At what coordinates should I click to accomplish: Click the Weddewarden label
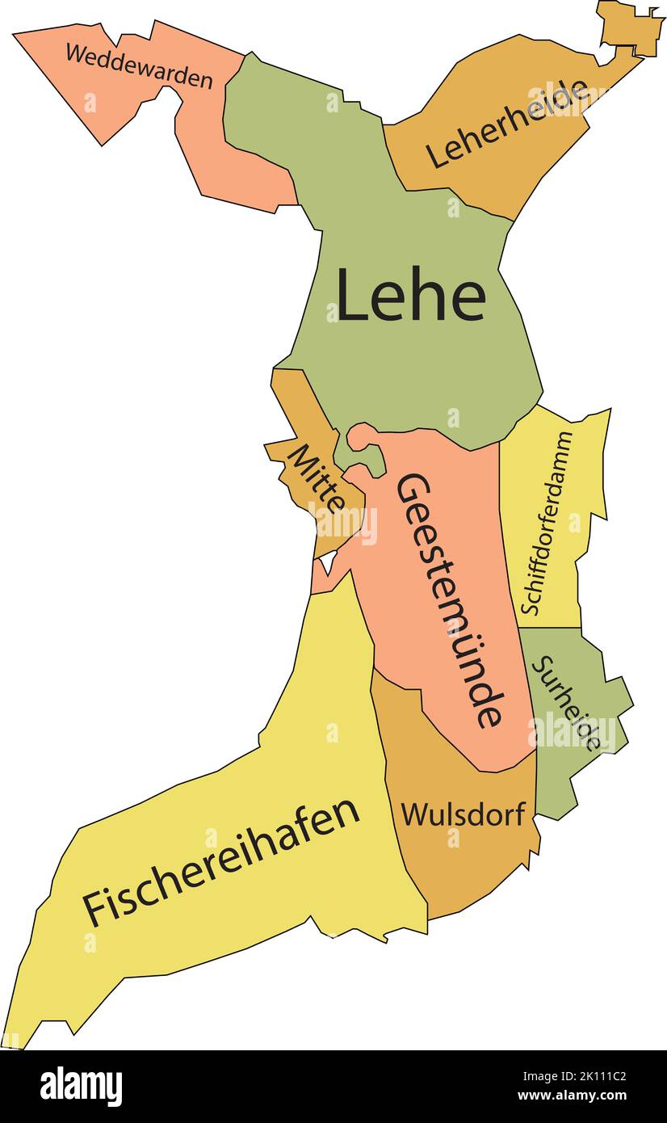point(139,67)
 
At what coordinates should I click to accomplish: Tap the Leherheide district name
point(506,124)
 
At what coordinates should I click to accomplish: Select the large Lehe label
point(410,296)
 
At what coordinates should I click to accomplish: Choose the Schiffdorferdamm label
point(547,523)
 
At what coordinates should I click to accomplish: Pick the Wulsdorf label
point(464,814)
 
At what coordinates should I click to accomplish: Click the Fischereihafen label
point(220,862)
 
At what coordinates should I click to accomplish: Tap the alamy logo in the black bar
point(81,1087)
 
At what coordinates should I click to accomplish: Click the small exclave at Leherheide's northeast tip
point(631,28)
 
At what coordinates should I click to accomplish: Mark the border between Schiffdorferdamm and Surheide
point(550,628)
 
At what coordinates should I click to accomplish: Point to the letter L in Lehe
point(351,296)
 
